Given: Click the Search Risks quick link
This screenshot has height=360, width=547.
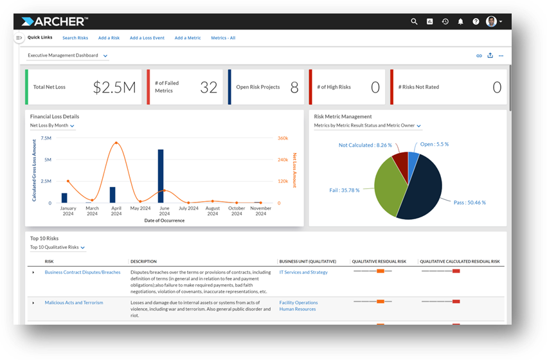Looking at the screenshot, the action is [x=75, y=38].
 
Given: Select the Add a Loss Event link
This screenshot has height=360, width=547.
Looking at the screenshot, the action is [x=147, y=38].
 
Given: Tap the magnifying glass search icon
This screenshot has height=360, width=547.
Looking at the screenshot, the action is [x=414, y=22].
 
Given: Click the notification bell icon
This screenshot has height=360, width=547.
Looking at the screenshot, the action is [x=460, y=22].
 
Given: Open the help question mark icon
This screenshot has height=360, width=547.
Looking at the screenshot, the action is [x=476, y=22].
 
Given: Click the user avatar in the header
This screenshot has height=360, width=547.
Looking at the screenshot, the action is [x=491, y=22].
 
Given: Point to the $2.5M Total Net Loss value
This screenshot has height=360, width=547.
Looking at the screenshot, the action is [x=114, y=87].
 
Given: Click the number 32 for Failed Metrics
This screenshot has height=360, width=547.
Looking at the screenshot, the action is [x=209, y=87].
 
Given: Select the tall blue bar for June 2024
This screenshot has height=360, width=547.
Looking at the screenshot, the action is [x=161, y=176].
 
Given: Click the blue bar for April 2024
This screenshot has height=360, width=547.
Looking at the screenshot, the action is [x=112, y=195].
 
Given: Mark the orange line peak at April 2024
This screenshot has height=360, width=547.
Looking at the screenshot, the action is [x=116, y=143].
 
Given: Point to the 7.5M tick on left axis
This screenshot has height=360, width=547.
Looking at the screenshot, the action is [x=46, y=138].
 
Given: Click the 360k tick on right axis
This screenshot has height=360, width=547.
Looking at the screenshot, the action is [x=283, y=138].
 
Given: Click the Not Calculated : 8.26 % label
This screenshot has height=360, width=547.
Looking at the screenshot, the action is [x=365, y=145].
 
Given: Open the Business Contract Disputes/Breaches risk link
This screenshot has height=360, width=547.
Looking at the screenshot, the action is [x=82, y=272].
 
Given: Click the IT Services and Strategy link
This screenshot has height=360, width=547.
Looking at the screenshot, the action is [x=303, y=272].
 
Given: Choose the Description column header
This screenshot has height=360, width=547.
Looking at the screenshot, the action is [x=143, y=261].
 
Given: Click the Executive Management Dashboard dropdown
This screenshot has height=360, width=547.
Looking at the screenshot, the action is [x=67, y=55].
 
